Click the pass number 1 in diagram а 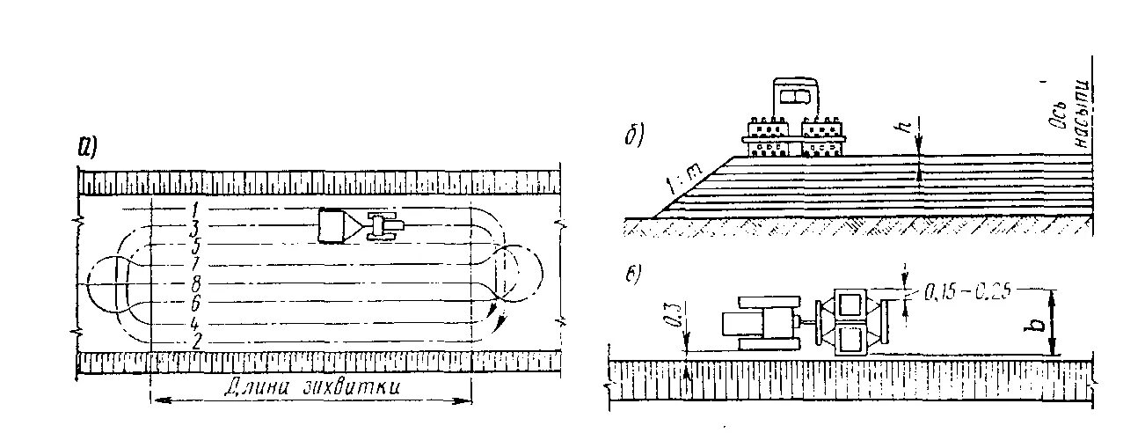point(192,209)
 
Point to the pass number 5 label point(194,246)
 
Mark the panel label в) point(633,274)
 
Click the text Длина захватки point(312,385)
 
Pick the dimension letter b point(1038,322)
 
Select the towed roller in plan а point(335,225)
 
